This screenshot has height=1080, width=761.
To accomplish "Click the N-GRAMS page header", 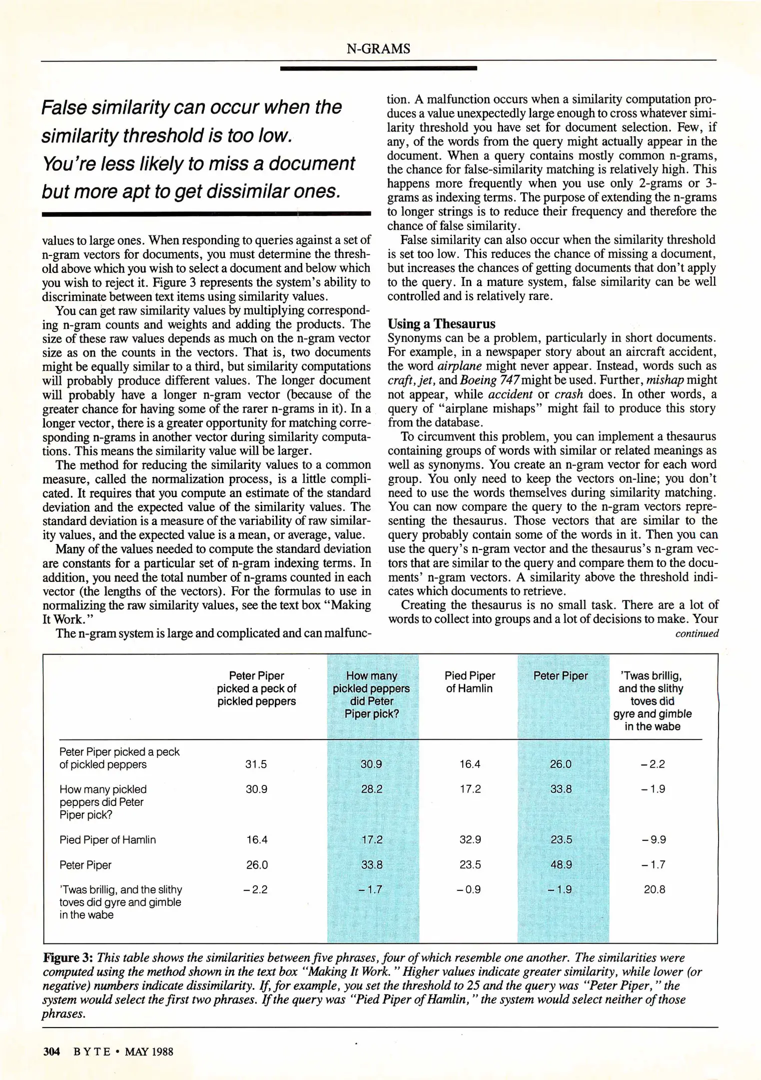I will point(378,48).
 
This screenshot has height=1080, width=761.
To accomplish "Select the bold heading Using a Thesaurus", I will point(441,323).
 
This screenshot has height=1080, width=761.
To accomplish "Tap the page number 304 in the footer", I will point(51,1051).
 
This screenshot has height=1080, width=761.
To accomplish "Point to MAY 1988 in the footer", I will point(149,1051).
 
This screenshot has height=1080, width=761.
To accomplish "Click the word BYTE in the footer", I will point(92,1051).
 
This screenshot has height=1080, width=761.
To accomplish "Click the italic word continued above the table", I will point(697,634).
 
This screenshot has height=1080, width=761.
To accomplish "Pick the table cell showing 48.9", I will point(561,864).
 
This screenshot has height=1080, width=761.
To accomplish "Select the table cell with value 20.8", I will point(654,889).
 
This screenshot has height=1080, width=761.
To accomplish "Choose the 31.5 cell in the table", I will point(256,764).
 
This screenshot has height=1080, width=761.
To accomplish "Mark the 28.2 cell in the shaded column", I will point(371,789).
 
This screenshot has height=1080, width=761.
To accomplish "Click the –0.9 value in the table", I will point(469,889).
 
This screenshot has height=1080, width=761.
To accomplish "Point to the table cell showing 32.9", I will point(470,839).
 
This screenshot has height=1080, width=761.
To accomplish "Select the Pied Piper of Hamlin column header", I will point(470,682).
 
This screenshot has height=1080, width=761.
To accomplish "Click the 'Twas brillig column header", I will point(652,700).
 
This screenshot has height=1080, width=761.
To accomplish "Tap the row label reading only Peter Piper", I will point(85,865).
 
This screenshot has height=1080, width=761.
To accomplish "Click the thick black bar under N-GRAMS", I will point(378,68).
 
